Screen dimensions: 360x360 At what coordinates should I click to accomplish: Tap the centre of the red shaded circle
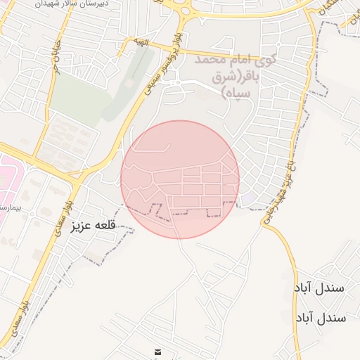pyautogui.click(x=180, y=179)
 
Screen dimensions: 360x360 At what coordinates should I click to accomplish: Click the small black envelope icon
pyautogui.click(x=157, y=352)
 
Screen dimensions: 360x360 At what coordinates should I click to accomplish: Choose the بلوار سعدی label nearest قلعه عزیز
pyautogui.click(x=62, y=208)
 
